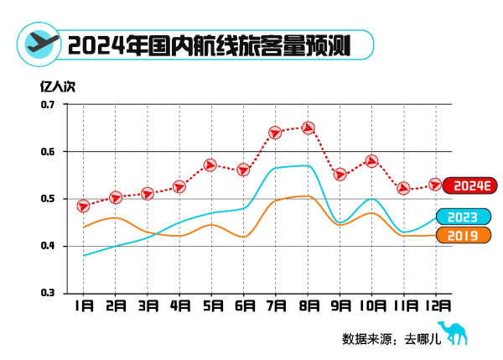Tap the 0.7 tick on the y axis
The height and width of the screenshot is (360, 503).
pos(46,105)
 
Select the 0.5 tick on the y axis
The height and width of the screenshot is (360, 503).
pos(46,199)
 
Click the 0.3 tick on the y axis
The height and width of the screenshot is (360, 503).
pos(46,293)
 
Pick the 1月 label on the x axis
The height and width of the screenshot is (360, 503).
pos(83,307)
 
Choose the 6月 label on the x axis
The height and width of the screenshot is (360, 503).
pos(244,307)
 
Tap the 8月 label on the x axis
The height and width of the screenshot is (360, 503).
pos(308,307)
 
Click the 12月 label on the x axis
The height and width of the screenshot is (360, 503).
pos(438,307)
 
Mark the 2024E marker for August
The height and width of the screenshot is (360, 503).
pos(308,128)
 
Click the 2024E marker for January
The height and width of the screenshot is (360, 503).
pos(83,206)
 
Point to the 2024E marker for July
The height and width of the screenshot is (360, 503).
pos(275,133)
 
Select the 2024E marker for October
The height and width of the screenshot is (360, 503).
pos(372,160)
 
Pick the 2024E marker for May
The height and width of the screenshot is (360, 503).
pos(211,164)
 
